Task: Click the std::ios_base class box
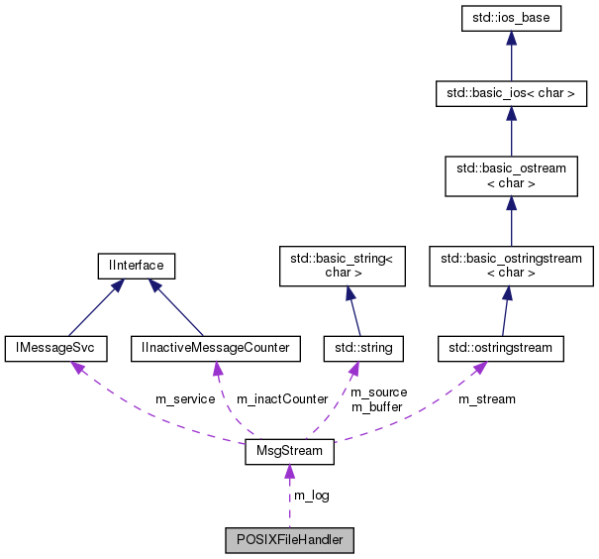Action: click(x=511, y=18)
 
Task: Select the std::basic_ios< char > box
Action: click(x=511, y=95)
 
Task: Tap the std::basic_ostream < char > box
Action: click(x=511, y=175)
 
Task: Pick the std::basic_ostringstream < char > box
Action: click(x=511, y=265)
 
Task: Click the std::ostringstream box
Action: click(x=501, y=348)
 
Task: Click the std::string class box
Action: click(x=358, y=348)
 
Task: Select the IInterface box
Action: click(x=137, y=265)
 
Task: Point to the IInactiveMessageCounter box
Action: click(x=216, y=348)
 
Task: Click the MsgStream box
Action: click(x=289, y=453)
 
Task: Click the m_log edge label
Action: click(x=312, y=496)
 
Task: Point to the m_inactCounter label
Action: click(x=281, y=399)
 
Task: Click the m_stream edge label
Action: click(x=486, y=399)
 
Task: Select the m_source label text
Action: click(x=379, y=392)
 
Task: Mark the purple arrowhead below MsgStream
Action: click(x=289, y=473)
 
